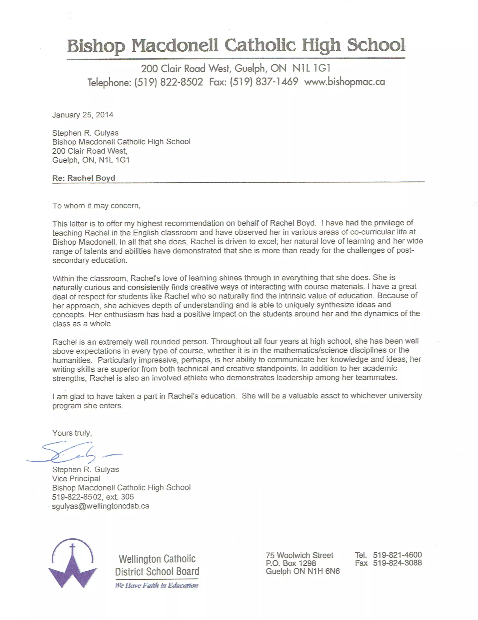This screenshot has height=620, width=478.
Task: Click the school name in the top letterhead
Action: coord(236,46)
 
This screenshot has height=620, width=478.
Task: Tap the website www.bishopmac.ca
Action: coord(344,82)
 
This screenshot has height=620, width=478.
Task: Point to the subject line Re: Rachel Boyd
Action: coord(84,178)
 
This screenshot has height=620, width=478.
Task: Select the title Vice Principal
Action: coord(76,478)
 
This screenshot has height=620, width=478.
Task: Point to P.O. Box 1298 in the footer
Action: coord(291,563)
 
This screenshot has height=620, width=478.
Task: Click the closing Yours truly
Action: coord(72,433)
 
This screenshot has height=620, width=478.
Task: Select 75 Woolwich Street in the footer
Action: coord(299,555)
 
